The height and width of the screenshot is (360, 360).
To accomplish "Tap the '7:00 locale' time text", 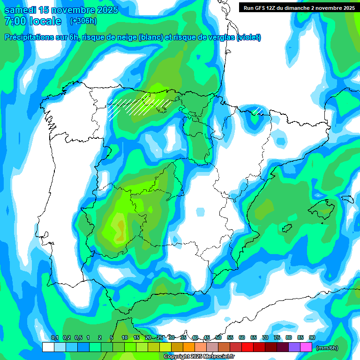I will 33,21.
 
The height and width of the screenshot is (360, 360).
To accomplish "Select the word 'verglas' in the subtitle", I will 219,37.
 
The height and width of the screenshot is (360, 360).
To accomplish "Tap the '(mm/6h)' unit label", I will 327,348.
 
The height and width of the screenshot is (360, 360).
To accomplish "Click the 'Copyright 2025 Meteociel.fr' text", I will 199,357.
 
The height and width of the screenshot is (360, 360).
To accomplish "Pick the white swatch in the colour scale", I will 48,347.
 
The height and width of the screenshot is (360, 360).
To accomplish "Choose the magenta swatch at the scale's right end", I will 306,347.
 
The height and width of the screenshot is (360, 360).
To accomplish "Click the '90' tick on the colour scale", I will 312,337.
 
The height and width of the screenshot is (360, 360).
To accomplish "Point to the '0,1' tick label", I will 55,337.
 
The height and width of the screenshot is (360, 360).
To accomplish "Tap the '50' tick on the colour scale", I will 218,337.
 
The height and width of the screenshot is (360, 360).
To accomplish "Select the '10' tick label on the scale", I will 125,337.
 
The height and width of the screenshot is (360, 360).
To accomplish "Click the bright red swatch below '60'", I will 247,347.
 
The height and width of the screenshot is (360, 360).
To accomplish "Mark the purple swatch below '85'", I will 294,347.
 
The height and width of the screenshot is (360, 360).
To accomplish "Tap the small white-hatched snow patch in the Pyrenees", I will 257,111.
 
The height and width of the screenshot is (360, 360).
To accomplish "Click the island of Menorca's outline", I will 347,199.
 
